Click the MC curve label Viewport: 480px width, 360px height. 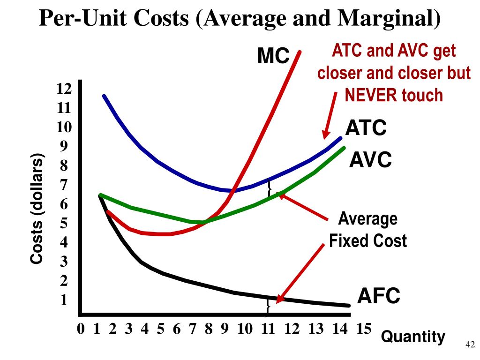[273, 57]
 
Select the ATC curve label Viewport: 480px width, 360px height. [366, 127]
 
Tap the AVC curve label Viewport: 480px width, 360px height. [370, 161]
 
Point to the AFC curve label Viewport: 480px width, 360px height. [379, 296]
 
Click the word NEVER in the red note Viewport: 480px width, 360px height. [372, 95]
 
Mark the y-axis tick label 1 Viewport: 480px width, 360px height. [64, 300]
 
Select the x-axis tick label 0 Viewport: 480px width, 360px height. [81, 329]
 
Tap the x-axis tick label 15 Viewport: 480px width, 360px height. [363, 329]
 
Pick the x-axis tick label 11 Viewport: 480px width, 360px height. [268, 329]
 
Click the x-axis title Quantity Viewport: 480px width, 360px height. [413, 337]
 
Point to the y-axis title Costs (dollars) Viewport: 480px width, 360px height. [37, 208]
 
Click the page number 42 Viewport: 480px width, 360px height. [469, 345]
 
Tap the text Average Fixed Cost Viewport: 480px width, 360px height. [367, 230]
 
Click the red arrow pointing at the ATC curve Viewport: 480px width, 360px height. [330, 115]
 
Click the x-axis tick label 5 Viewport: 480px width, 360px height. [160, 329]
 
